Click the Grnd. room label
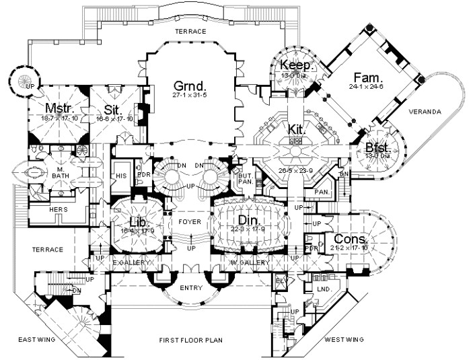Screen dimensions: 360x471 coord(189,87)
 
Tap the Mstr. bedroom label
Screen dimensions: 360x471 coord(59,108)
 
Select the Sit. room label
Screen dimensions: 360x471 coord(112,109)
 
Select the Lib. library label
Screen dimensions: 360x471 coord(139,222)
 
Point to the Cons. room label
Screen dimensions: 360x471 coord(349,240)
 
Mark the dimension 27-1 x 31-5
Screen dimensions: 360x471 coord(189,98)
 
